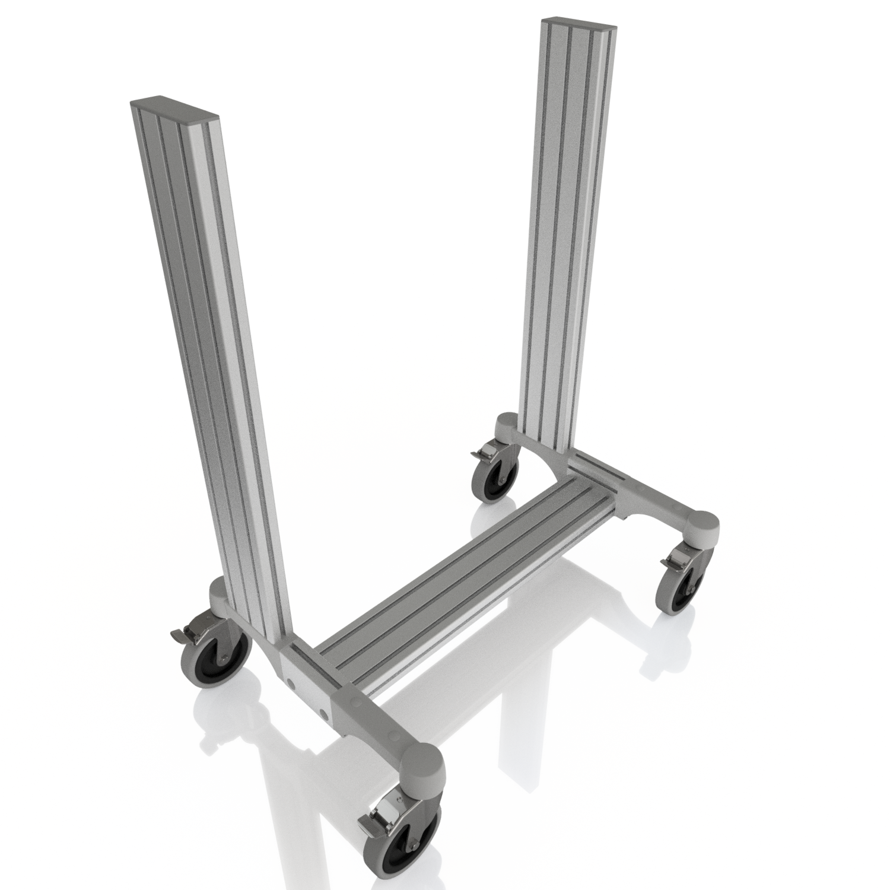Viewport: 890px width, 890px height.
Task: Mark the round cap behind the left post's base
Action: pos(220,593)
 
